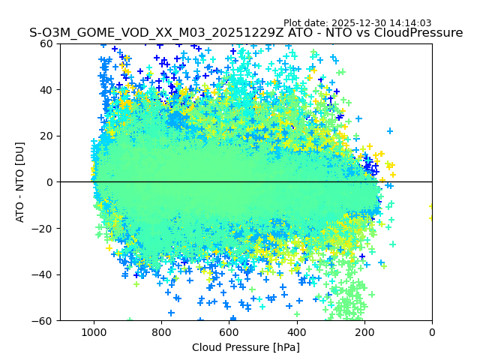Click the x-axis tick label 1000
tap(94, 331)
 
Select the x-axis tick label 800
tap(161, 331)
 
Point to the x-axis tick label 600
tap(229, 331)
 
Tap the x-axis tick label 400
tap(296, 331)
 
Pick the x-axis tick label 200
tap(364, 331)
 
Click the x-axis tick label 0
tap(432, 331)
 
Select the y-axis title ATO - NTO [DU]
tap(21, 182)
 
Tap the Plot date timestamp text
tap(357, 23)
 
